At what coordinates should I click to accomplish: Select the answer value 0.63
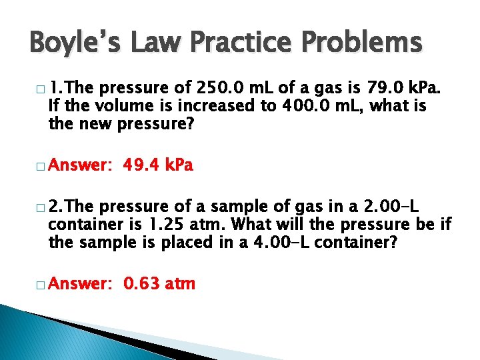pos(139,284)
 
